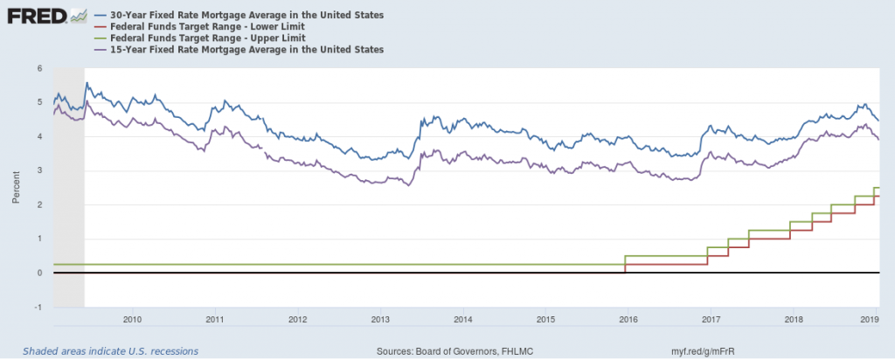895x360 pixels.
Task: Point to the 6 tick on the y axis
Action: [x=40, y=68]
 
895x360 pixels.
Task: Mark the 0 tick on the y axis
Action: [x=40, y=273]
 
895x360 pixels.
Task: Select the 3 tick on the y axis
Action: [x=40, y=170]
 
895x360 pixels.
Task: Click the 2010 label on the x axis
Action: [x=133, y=319]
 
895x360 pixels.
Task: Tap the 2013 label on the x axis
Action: [x=380, y=319]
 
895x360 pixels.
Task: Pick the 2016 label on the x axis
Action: [x=628, y=319]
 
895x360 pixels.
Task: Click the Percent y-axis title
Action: [x=17, y=187]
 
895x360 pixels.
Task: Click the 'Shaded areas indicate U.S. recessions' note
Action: [x=110, y=351]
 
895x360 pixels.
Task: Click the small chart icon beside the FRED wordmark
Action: [x=79, y=16]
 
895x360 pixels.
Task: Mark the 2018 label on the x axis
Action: [x=793, y=319]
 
